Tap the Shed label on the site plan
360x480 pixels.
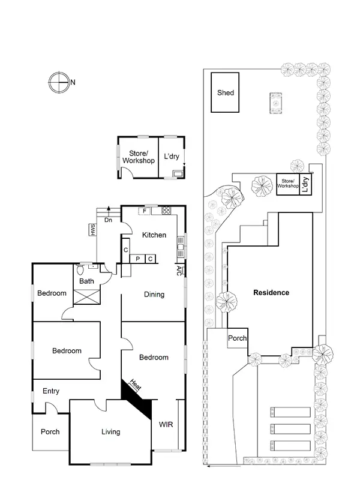(225, 93)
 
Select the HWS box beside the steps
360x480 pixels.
(93, 229)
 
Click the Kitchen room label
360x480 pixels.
(154, 235)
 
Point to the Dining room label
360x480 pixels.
(154, 295)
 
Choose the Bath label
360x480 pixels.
(87, 281)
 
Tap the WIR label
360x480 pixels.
(166, 424)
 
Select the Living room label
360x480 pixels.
(110, 431)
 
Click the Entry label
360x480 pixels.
(51, 391)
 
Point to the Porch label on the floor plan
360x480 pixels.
(50, 431)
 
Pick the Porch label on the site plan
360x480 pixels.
(237, 338)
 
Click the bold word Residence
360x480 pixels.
(271, 293)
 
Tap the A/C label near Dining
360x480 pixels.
(179, 270)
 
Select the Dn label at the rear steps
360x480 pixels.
(108, 220)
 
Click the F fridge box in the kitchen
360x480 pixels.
(145, 211)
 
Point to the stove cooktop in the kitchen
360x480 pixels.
(166, 211)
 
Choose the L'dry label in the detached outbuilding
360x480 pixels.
(172, 157)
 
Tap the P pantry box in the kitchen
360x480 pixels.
(137, 259)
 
